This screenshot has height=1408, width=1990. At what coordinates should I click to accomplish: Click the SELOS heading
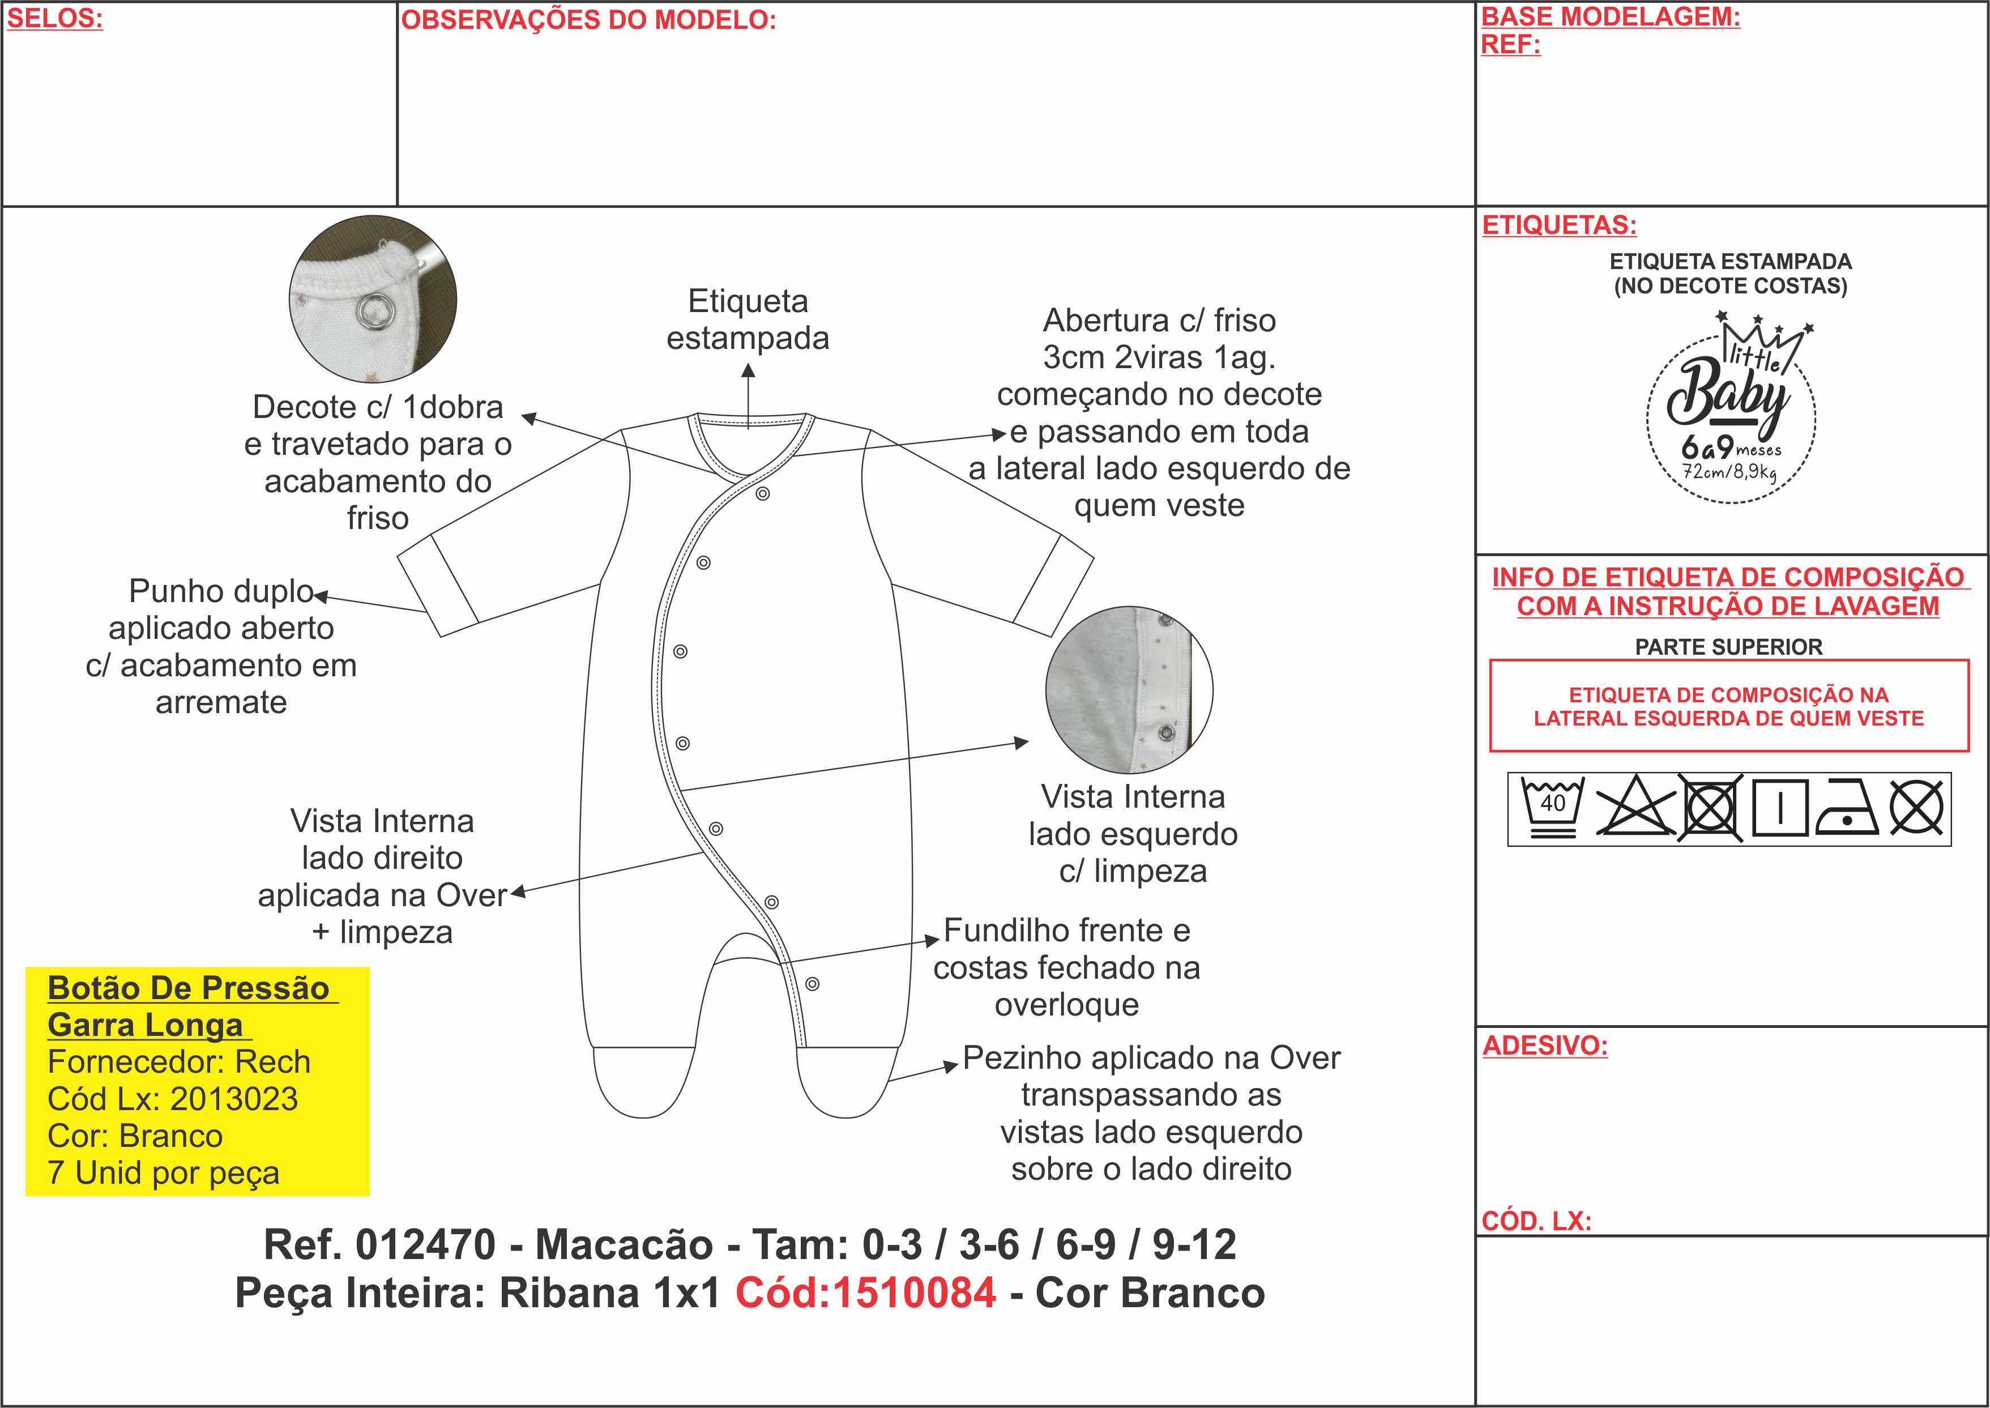54,19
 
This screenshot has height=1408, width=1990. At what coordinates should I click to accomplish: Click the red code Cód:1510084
865,1292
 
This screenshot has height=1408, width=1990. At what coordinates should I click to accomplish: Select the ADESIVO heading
1544,1046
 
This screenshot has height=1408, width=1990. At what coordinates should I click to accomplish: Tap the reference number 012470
425,1245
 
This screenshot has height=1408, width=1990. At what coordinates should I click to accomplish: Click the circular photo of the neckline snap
373,299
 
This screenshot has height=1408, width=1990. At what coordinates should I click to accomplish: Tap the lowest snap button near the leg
812,984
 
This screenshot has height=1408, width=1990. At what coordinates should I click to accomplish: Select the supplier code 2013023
234,1099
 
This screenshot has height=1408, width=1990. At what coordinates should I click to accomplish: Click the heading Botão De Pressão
188,988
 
